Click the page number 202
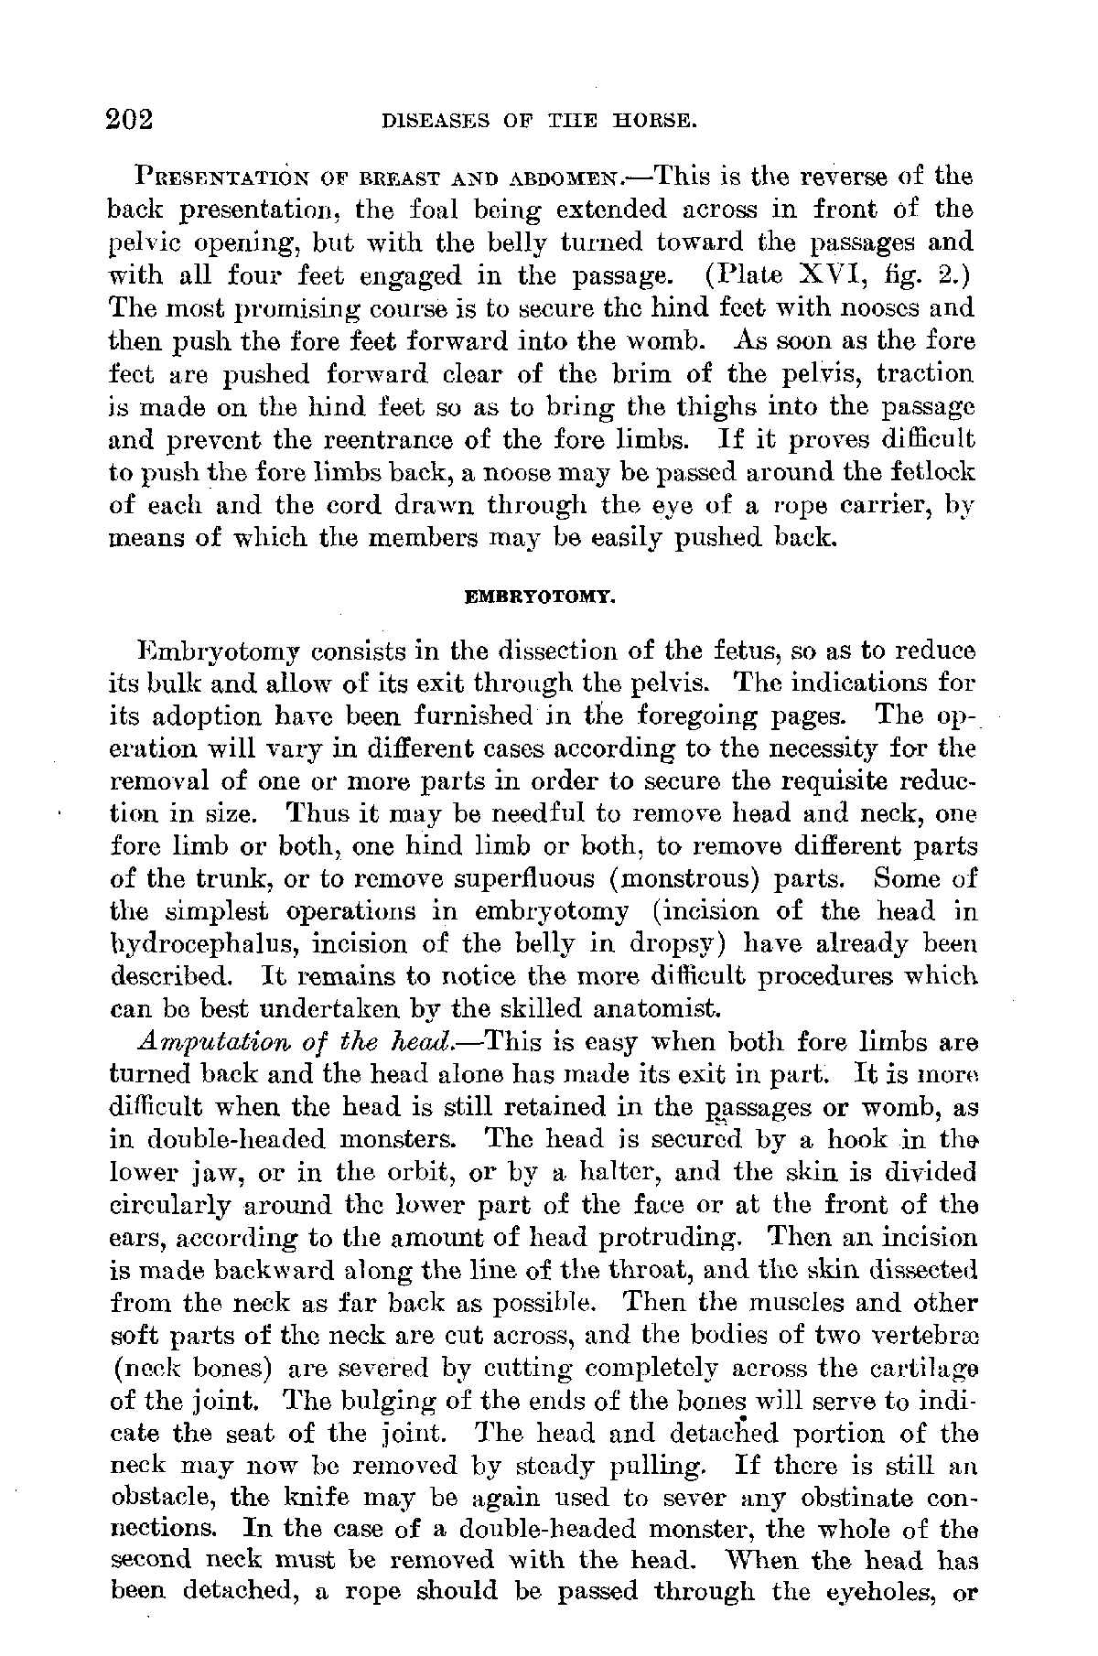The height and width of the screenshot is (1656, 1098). click(x=135, y=120)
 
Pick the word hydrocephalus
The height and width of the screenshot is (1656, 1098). click(x=191, y=945)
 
